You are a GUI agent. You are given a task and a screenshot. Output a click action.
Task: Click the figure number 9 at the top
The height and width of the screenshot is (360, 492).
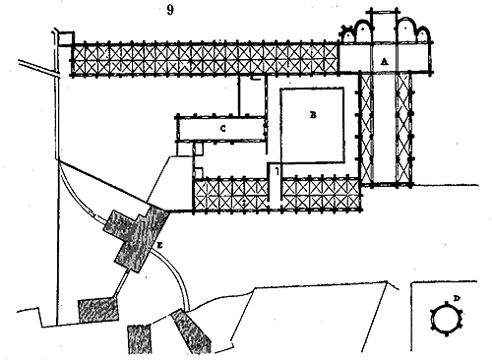(x=170, y=10)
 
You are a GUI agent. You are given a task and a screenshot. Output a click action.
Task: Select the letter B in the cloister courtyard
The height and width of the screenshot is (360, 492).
(x=313, y=115)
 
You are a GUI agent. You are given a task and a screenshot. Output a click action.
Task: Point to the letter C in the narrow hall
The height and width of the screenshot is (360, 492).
(x=223, y=129)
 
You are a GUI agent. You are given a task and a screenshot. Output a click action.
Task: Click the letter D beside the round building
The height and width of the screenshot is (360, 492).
(x=457, y=298)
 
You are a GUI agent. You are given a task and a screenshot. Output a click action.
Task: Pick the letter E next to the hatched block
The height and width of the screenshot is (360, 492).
(x=159, y=245)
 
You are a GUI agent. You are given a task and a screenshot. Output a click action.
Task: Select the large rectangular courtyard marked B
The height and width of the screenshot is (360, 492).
(x=313, y=125)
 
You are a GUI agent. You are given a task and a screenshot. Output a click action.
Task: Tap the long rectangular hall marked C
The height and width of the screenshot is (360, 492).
(x=221, y=129)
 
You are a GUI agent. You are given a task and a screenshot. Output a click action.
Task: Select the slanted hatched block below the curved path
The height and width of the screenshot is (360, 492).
(x=191, y=331)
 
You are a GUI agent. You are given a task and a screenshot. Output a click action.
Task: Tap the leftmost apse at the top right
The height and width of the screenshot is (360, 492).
(x=347, y=34)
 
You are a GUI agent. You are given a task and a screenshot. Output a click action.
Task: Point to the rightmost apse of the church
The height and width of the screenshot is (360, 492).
(x=423, y=34)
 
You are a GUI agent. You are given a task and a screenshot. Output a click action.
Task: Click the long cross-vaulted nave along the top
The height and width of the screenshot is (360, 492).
(x=205, y=59)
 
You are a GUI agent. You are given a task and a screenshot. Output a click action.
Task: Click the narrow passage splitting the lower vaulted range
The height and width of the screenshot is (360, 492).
(x=275, y=187)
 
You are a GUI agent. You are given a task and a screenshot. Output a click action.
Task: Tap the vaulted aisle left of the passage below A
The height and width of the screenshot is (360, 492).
(x=367, y=129)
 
